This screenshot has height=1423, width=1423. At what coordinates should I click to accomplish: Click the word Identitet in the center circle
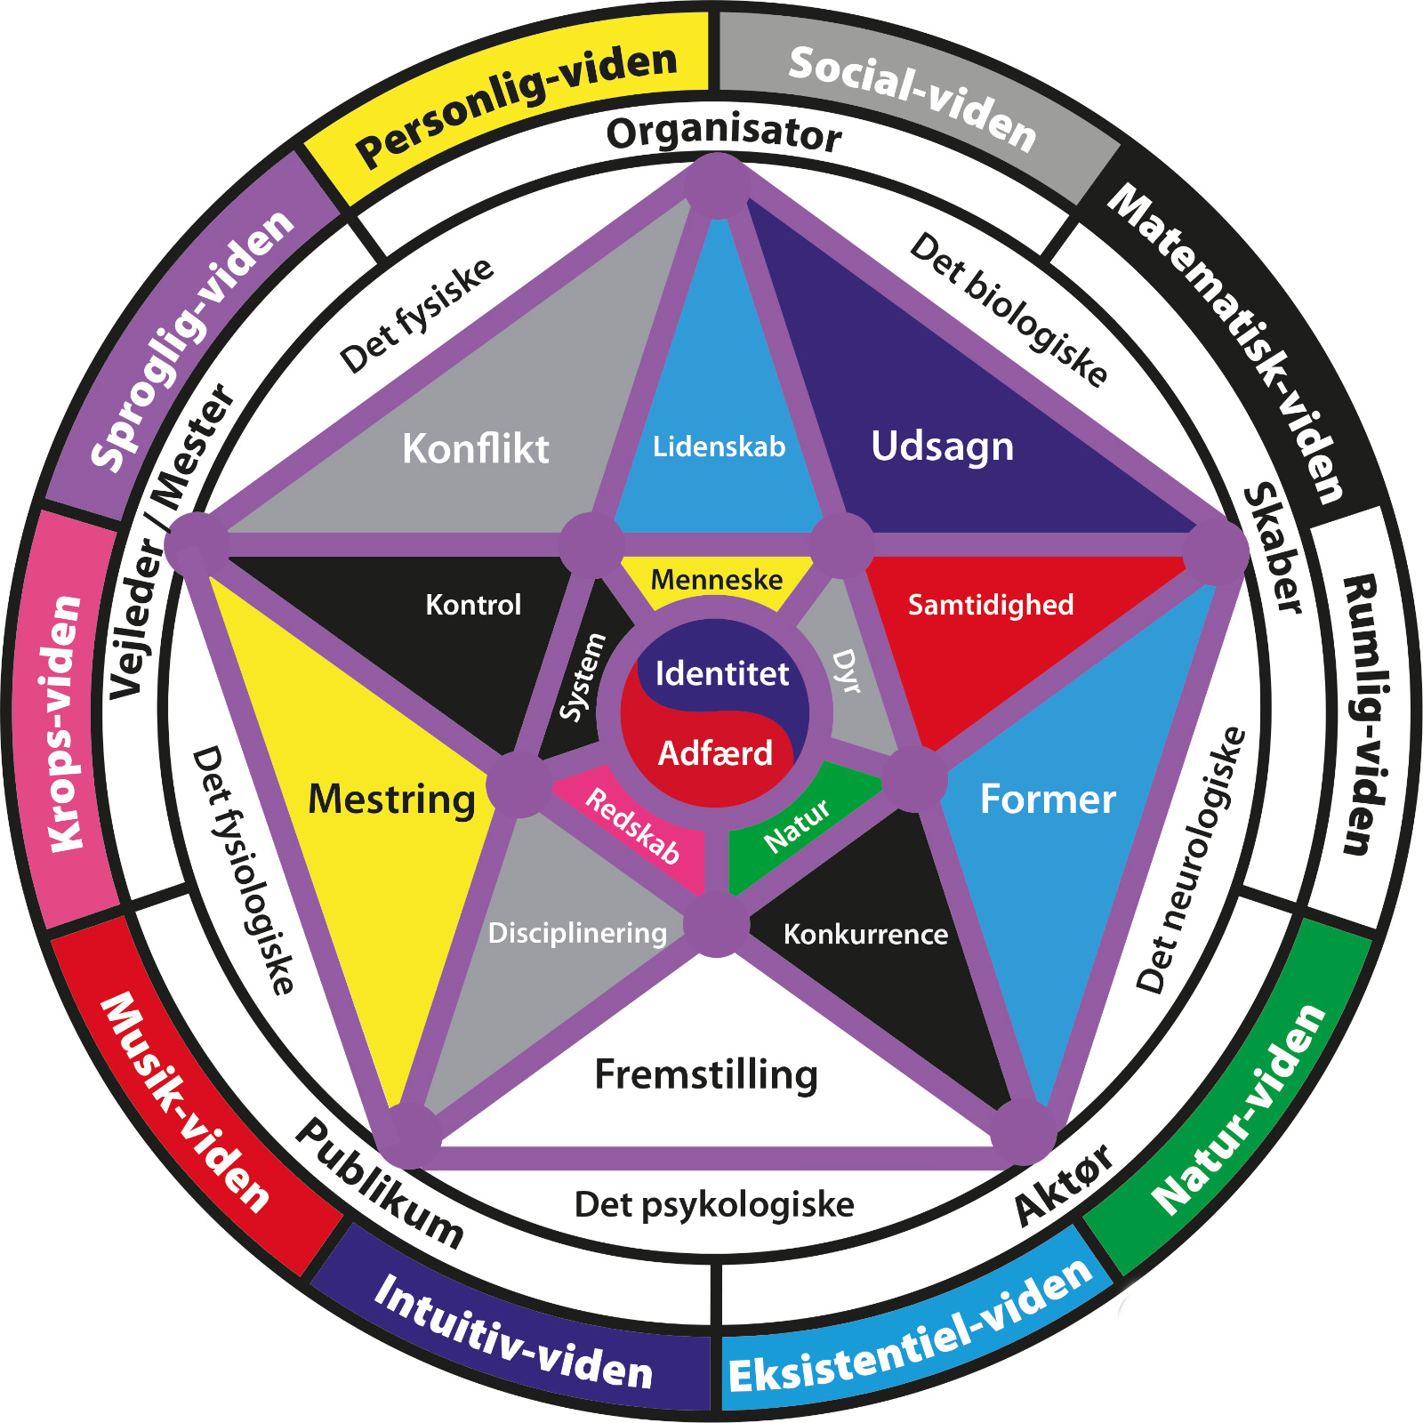pyautogui.click(x=721, y=673)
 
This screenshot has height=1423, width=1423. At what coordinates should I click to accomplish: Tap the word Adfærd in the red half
pyautogui.click(x=715, y=753)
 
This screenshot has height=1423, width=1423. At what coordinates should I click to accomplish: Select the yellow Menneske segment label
pyautogui.click(x=716, y=580)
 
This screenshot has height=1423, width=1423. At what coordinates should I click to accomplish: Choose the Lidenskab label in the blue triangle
pyautogui.click(x=719, y=446)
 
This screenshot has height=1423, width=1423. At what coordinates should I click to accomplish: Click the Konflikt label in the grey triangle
pyautogui.click(x=475, y=448)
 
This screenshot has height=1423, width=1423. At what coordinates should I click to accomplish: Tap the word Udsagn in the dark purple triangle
pyautogui.click(x=942, y=446)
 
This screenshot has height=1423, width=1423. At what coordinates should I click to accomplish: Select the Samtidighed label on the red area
pyautogui.click(x=990, y=605)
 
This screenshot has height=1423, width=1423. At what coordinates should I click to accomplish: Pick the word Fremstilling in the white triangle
pyautogui.click(x=706, y=1074)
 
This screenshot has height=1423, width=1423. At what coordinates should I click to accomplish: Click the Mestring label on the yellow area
pyautogui.click(x=391, y=799)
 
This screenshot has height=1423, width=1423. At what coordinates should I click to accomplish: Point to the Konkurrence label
pyautogui.click(x=865, y=934)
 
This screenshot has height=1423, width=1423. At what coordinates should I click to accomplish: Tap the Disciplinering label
pyautogui.click(x=577, y=933)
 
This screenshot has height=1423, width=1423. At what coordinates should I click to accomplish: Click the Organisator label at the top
pyautogui.click(x=723, y=133)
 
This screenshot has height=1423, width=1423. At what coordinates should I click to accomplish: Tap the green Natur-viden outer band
pyautogui.click(x=1239, y=1112)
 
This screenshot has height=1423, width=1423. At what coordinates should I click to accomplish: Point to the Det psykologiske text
pyautogui.click(x=714, y=1204)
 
